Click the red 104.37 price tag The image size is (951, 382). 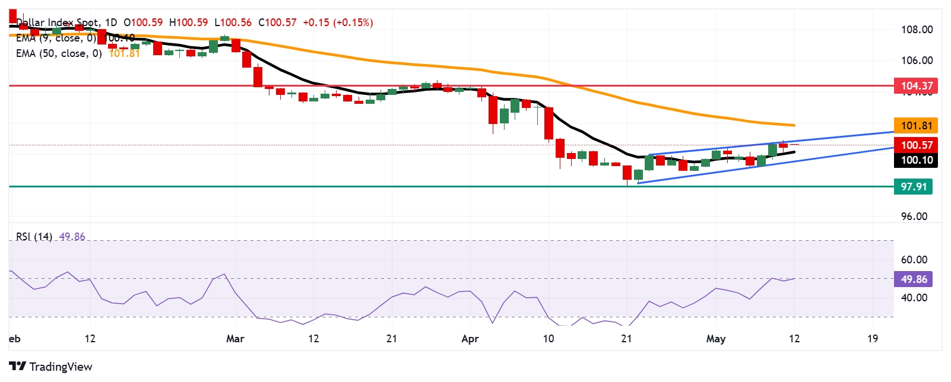click(x=916, y=86)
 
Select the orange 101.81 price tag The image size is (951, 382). click(x=916, y=126)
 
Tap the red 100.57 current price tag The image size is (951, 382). click(x=916, y=145)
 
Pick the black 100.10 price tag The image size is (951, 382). click(x=916, y=160)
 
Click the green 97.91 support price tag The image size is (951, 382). click(x=913, y=187)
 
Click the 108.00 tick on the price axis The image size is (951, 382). click(x=917, y=30)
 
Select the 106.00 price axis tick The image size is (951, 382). click(x=917, y=61)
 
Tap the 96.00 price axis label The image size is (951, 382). click(x=914, y=217)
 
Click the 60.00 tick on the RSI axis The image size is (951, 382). click(x=914, y=260)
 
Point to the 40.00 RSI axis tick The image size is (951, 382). click(x=914, y=298)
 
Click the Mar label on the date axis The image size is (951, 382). click(x=235, y=339)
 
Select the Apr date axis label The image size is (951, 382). click(x=470, y=339)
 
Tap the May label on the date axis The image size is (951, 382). click(x=715, y=339)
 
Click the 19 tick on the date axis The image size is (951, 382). click(x=872, y=339)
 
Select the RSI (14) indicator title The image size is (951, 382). click(x=34, y=237)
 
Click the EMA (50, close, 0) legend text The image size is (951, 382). click(x=59, y=53)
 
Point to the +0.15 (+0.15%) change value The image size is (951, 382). click(x=338, y=23)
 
